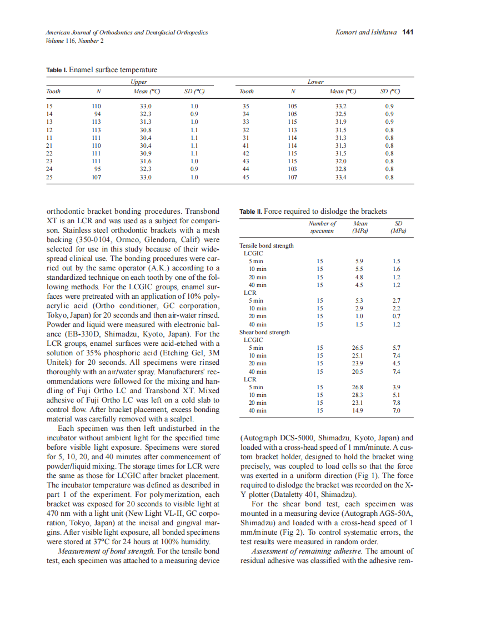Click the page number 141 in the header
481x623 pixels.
pyautogui.click(x=408, y=33)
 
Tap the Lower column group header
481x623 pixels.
pyautogui.click(x=315, y=82)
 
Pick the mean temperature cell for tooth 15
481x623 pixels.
pyautogui.click(x=146, y=105)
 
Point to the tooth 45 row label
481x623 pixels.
pyautogui.click(x=245, y=178)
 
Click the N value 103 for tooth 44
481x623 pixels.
pyautogui.click(x=293, y=169)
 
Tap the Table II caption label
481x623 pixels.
pyautogui.click(x=250, y=212)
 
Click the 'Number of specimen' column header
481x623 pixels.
pyautogui.click(x=322, y=227)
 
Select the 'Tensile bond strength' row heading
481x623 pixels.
pyautogui.click(x=267, y=245)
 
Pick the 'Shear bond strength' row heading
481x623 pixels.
pyautogui.click(x=264, y=332)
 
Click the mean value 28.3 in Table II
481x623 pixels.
pyautogui.click(x=358, y=395)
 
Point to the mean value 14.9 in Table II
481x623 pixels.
pyautogui.click(x=358, y=411)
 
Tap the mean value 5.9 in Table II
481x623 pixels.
pyautogui.click(x=358, y=261)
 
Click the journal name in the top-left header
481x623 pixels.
pyautogui.click(x=127, y=33)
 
